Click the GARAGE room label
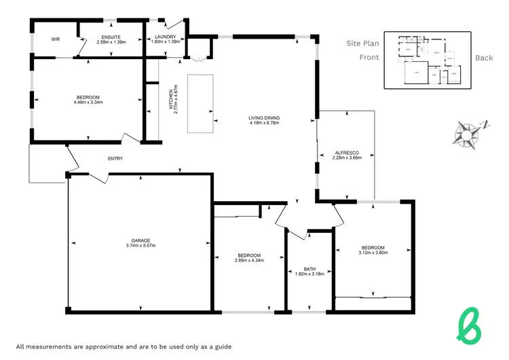(x=141, y=240)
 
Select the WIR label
(x=56, y=39)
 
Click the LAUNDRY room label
(x=165, y=37)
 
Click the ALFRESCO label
(x=346, y=152)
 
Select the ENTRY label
(x=115, y=159)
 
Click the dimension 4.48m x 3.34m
(x=88, y=103)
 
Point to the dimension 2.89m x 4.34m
(x=249, y=260)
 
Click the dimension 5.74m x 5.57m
(x=141, y=246)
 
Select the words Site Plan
(x=362, y=43)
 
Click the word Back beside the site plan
(x=484, y=58)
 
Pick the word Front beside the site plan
(x=369, y=58)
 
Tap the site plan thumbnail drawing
(x=428, y=60)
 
